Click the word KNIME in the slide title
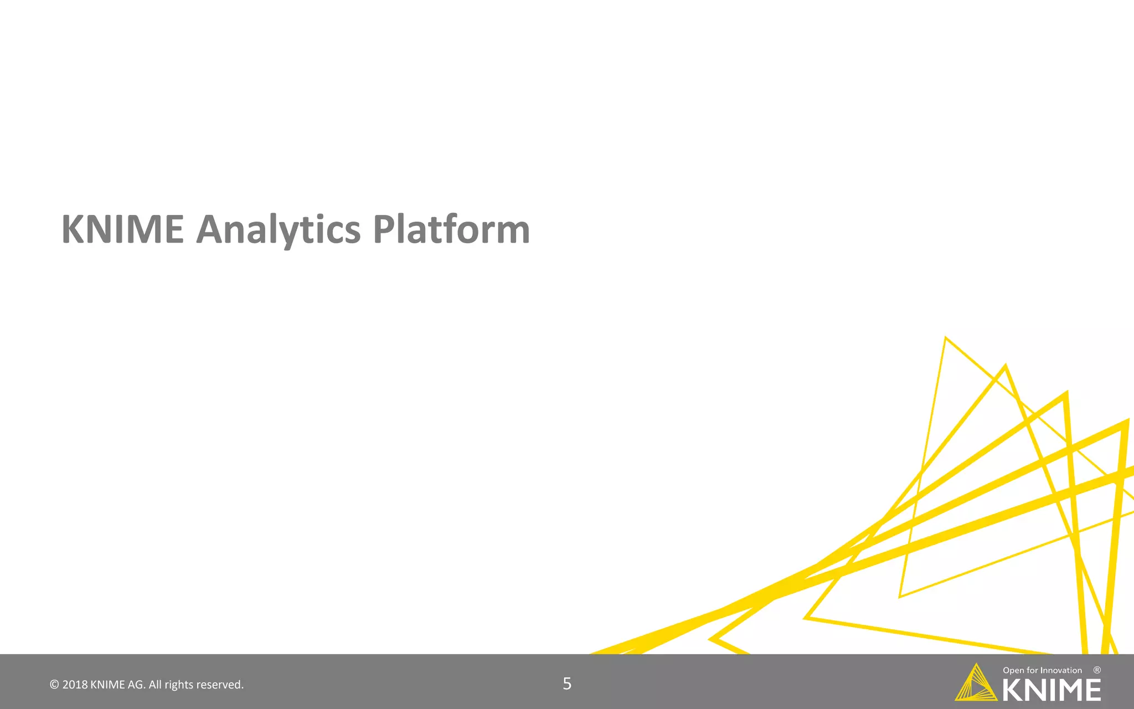pyautogui.click(x=122, y=229)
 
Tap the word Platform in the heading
pyautogui.click(x=451, y=229)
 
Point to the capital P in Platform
pyautogui.click(x=385, y=229)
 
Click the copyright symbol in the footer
pyautogui.click(x=54, y=685)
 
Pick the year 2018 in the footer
pyautogui.click(x=75, y=685)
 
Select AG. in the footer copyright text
pyautogui.click(x=137, y=685)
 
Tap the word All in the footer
pyautogui.click(x=155, y=685)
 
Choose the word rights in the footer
pyautogui.click(x=179, y=685)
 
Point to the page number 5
pyautogui.click(x=567, y=684)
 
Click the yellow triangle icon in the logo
pyautogui.click(x=976, y=685)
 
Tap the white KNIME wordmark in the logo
pyautogui.click(x=1051, y=690)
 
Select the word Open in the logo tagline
pyautogui.click(x=1013, y=670)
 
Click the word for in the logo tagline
pyautogui.click(x=1032, y=670)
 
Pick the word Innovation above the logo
pyautogui.click(x=1061, y=670)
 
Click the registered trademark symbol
pyautogui.click(x=1097, y=670)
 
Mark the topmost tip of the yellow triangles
pyautogui.click(x=945, y=337)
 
